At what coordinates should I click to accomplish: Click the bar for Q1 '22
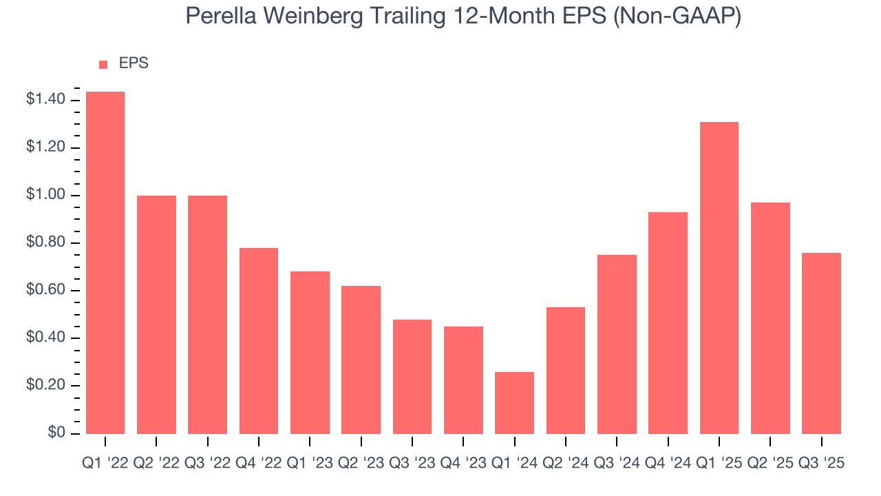click(x=105, y=262)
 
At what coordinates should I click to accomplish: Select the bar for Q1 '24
click(x=514, y=402)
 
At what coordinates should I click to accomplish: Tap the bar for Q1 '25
click(x=719, y=278)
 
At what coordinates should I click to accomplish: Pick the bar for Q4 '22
click(x=259, y=340)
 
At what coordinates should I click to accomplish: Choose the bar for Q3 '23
click(x=412, y=376)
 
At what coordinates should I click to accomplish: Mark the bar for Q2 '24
click(x=565, y=370)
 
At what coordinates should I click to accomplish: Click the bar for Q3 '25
click(x=821, y=343)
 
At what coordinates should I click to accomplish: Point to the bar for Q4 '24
click(x=668, y=322)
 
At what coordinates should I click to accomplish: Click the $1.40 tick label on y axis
click(x=45, y=101)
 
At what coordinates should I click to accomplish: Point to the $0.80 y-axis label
click(x=45, y=243)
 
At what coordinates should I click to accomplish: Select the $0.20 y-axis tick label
click(x=45, y=386)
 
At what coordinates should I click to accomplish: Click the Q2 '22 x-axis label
click(x=156, y=464)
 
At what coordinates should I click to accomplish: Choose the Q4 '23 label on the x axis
click(x=463, y=464)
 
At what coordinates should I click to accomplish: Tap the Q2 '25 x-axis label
click(x=769, y=464)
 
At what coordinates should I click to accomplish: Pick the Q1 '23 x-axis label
click(x=310, y=464)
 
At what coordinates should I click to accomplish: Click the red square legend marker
click(x=103, y=65)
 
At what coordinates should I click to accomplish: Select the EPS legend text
click(x=134, y=63)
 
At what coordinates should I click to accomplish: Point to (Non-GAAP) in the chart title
click(x=678, y=17)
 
